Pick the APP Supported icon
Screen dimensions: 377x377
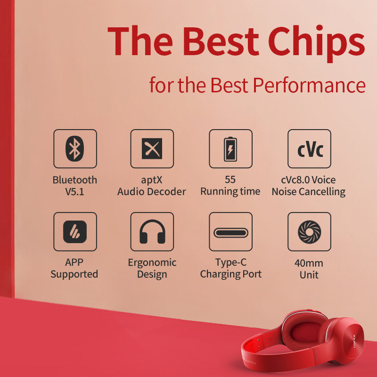74,231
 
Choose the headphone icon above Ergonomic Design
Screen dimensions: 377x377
152,231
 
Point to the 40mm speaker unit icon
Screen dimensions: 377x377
309,231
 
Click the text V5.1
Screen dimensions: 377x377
74,191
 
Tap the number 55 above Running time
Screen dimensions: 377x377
230,180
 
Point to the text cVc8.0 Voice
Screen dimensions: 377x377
309,180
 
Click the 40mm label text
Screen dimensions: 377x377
309,263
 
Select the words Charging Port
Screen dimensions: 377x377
230,274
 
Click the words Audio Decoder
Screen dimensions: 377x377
152,191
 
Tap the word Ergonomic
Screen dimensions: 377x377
152,262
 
